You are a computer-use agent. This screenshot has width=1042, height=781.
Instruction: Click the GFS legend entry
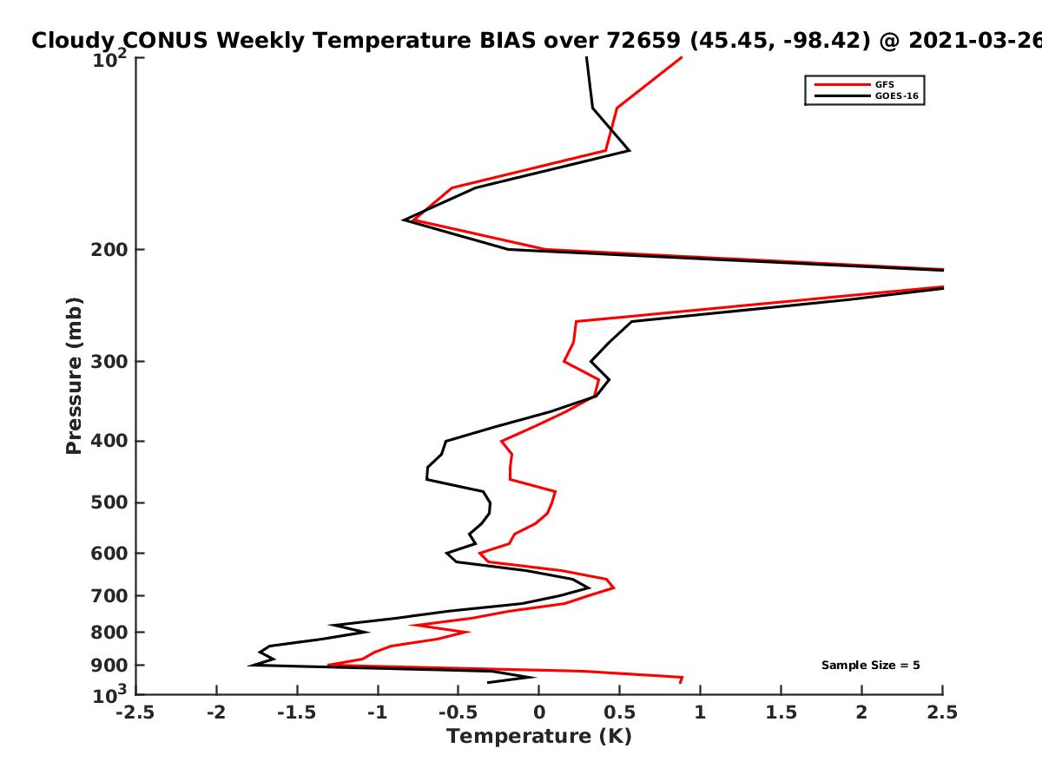tap(884, 85)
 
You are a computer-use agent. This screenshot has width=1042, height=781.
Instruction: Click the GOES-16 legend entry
tap(897, 96)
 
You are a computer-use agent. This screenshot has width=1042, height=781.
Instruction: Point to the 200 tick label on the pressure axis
tap(109, 250)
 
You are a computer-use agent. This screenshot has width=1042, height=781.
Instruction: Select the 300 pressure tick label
tap(109, 362)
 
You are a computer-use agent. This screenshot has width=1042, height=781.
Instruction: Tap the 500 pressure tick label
tap(109, 503)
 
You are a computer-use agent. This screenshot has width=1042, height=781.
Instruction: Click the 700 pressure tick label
tap(109, 596)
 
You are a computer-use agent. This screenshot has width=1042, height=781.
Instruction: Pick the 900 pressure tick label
tap(109, 666)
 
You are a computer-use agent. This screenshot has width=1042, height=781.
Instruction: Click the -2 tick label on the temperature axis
tap(216, 712)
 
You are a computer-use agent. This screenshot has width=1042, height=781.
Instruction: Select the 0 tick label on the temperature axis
tap(539, 712)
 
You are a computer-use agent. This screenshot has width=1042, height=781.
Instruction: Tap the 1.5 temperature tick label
tap(781, 712)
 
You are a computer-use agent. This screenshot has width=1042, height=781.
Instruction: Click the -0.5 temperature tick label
tap(458, 712)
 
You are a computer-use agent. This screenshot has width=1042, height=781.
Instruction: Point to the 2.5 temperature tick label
tap(942, 712)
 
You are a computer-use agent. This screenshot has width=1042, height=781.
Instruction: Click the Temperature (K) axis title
tap(539, 737)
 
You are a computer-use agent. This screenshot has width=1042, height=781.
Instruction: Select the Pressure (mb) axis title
tap(74, 376)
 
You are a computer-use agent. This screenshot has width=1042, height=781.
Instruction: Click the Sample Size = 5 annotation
tap(871, 666)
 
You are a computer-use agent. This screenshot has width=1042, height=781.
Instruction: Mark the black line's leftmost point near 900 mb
tap(250, 666)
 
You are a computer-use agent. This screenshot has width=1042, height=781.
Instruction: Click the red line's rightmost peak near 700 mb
tap(614, 587)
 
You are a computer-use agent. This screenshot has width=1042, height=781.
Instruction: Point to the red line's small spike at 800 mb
tap(469, 632)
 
